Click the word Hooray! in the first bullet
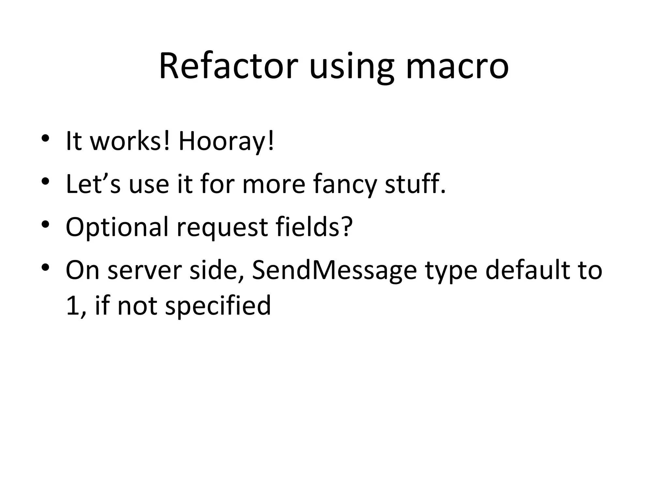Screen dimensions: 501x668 226,142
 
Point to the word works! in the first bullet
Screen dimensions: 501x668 130,142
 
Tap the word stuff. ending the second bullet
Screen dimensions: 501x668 415,184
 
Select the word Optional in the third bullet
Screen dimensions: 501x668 117,227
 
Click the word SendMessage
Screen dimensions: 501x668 334,271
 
